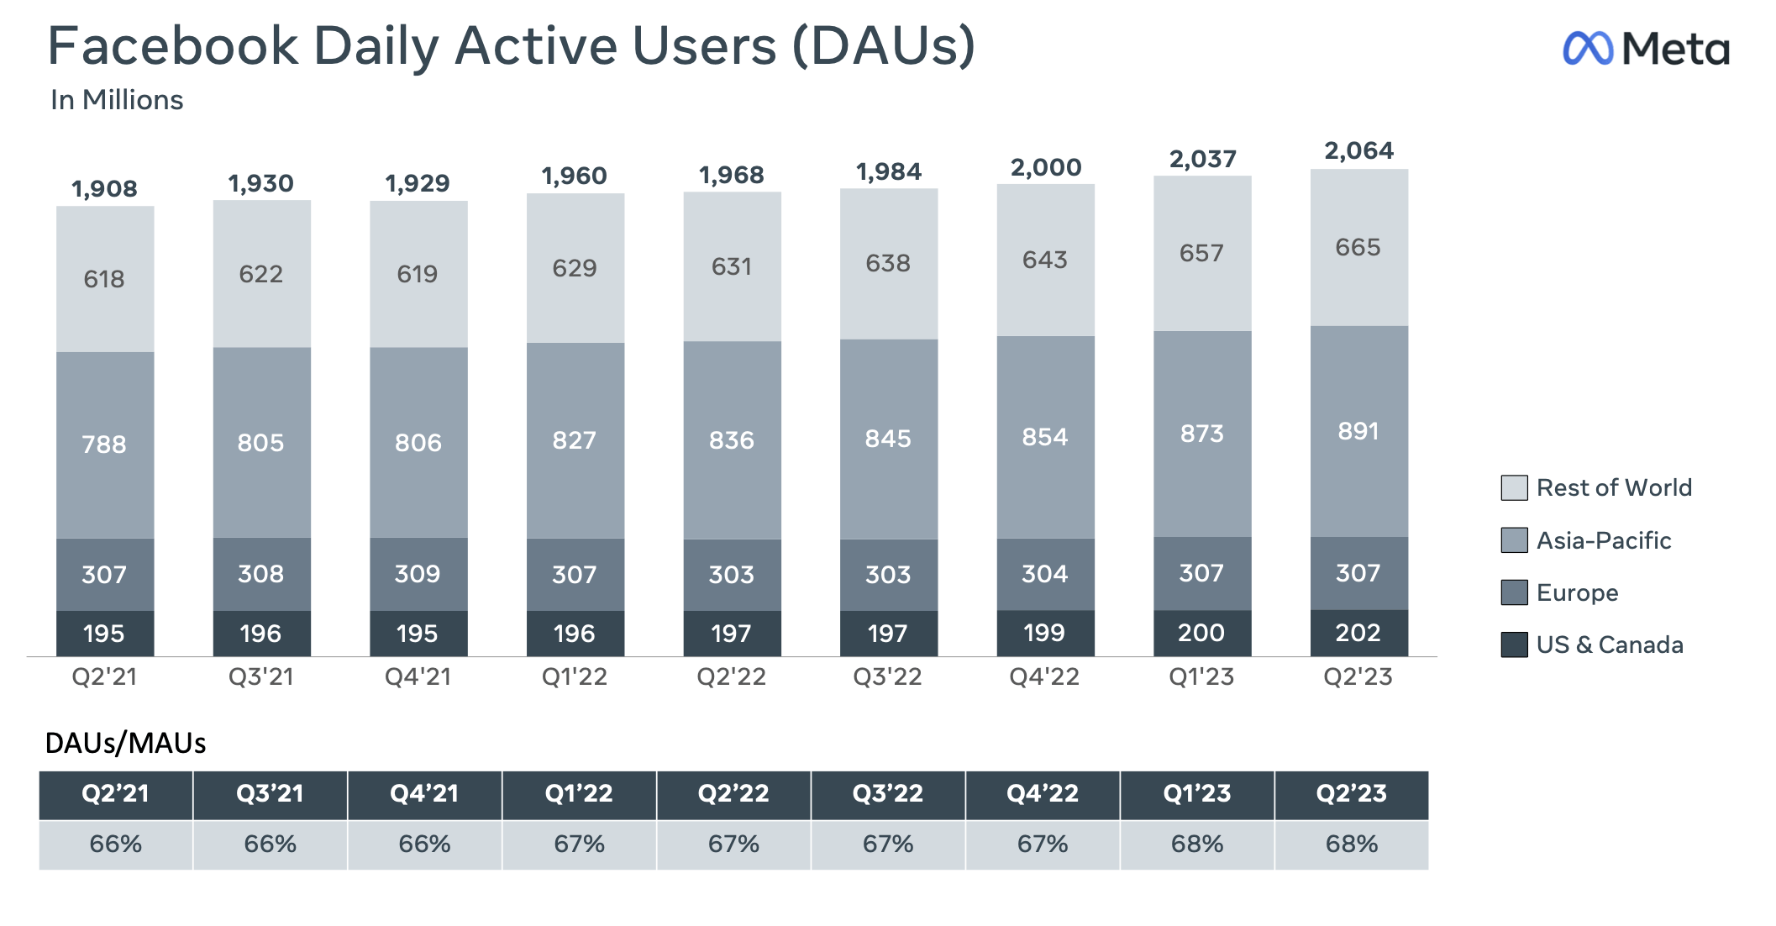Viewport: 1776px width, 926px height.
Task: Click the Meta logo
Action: point(1645,49)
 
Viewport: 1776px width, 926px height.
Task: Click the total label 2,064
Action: point(1358,151)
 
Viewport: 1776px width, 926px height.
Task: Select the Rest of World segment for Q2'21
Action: point(105,278)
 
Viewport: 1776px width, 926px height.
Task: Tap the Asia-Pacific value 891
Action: point(1358,431)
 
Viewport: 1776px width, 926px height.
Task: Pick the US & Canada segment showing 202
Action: point(1358,633)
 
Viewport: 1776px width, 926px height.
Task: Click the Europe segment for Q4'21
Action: point(418,574)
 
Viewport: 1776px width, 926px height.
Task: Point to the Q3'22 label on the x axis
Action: point(887,677)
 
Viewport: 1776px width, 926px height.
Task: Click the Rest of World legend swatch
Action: point(1514,488)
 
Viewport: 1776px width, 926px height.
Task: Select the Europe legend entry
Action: point(1577,593)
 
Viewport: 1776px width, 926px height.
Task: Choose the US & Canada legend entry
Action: point(1609,645)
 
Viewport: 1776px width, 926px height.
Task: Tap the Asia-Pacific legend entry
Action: point(1603,540)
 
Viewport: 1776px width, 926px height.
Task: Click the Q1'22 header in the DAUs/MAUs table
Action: point(579,794)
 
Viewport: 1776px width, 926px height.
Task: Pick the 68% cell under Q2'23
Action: point(1351,844)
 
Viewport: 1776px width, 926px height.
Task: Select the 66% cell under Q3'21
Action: point(270,844)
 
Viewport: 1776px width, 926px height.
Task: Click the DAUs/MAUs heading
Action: point(125,744)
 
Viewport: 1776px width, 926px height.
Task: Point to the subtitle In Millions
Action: point(117,100)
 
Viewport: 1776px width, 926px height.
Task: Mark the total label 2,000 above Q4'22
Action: point(1046,168)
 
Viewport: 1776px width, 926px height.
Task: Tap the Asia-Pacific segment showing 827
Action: point(575,439)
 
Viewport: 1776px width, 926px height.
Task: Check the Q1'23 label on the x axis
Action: point(1201,677)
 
